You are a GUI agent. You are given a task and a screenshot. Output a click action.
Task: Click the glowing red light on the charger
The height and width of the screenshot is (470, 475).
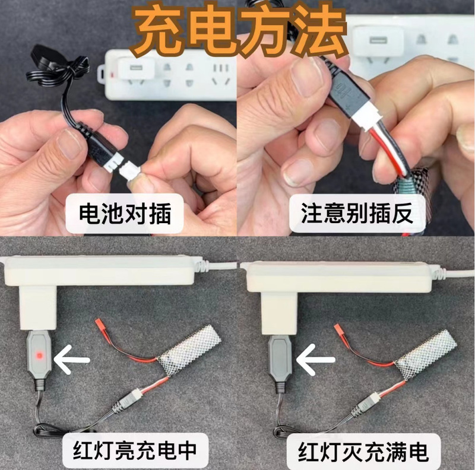click(39, 355)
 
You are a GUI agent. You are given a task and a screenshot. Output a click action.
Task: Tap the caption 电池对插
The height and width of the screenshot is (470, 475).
click(125, 214)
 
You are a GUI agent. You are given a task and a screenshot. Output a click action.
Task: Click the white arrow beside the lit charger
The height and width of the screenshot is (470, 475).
click(72, 360)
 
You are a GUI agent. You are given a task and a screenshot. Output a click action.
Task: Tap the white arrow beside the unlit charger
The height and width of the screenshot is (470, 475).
click(316, 360)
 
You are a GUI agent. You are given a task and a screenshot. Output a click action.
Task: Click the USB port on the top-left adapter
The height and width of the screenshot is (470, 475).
click(136, 67)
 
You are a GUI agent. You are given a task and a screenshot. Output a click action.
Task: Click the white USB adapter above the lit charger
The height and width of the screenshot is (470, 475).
click(38, 309)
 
